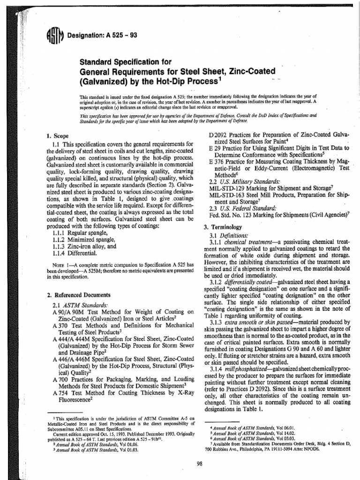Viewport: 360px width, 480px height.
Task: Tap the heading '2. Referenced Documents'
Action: click(x=79, y=295)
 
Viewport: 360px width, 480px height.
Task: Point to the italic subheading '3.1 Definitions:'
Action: click(x=230, y=235)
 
